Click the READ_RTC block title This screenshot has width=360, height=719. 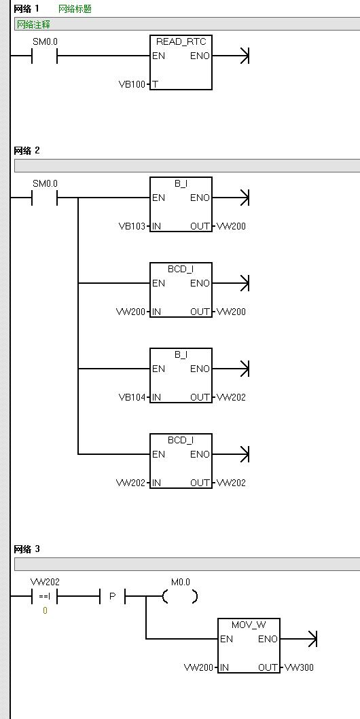(x=181, y=41)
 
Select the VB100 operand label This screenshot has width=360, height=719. (x=132, y=84)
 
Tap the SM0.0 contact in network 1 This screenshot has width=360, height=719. (x=44, y=56)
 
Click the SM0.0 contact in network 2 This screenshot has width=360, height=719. (x=44, y=198)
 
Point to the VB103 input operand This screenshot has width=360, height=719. (x=132, y=226)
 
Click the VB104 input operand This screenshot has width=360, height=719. (x=132, y=397)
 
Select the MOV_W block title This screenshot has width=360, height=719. (x=249, y=625)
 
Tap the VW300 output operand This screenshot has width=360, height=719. (x=299, y=667)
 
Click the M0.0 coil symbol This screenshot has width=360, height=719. (x=180, y=596)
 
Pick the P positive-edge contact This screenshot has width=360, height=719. (x=112, y=597)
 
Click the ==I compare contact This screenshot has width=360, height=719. (x=44, y=597)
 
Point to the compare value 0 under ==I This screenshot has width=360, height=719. (x=45, y=611)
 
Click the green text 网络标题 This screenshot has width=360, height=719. (x=75, y=9)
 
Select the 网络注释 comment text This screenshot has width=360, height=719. (x=33, y=24)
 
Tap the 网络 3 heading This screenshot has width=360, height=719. (x=27, y=549)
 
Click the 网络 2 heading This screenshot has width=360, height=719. (x=27, y=151)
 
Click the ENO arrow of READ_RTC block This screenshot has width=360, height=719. (x=230, y=56)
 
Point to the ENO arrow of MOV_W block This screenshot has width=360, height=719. (x=299, y=639)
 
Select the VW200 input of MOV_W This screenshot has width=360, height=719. (x=198, y=667)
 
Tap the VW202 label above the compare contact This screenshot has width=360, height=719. (x=44, y=582)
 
